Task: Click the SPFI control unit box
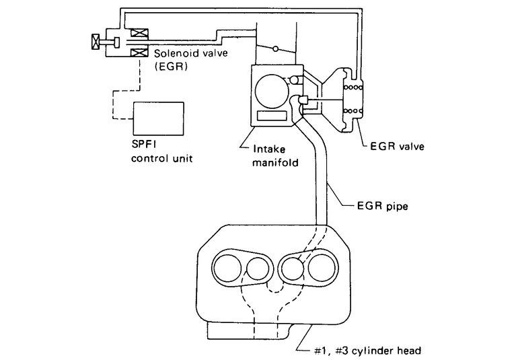158,118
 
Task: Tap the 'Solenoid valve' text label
191,53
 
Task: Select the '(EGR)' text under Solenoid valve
171,66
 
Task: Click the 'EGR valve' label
397,146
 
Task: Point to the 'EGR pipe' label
383,206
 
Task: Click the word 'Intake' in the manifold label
269,149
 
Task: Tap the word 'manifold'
276,162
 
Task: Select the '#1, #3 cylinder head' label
367,351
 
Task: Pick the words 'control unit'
162,158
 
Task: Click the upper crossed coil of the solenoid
139,33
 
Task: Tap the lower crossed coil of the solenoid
139,52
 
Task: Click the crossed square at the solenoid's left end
96,42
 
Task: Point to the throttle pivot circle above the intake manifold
275,49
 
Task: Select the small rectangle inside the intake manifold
272,115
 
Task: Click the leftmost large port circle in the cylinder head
227,267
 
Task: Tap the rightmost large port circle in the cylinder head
322,267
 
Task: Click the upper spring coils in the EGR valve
353,87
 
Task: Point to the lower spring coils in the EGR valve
353,111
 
